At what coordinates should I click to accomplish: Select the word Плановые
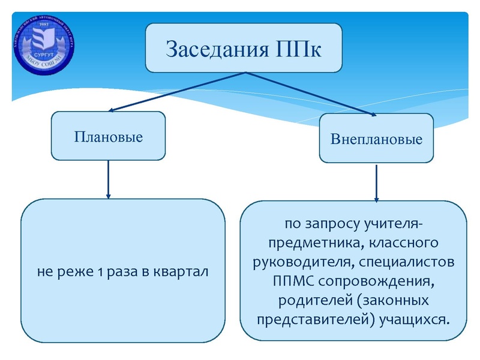pos(108,137)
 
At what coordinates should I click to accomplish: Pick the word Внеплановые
pos(376,140)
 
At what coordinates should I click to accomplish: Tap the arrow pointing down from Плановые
pos(109,179)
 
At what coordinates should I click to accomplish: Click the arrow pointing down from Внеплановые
pos(376,183)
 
